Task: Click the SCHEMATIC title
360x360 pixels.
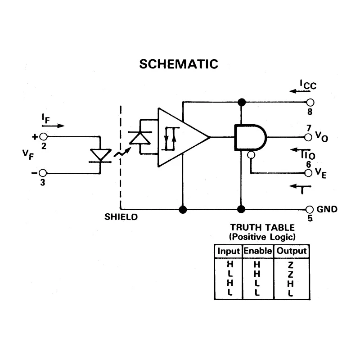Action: click(179, 64)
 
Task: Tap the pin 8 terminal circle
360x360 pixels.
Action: click(310, 103)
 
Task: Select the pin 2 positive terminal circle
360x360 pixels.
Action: click(43, 137)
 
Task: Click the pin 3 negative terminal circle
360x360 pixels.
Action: click(43, 173)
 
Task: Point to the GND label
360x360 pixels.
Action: click(327, 209)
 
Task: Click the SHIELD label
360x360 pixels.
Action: click(121, 217)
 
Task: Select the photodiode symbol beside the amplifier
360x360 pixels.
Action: click(140, 138)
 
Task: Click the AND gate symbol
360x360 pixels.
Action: click(250, 137)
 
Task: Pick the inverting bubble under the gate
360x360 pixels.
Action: click(251, 155)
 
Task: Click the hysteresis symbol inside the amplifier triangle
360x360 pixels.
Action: click(170, 139)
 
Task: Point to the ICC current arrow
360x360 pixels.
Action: click(300, 91)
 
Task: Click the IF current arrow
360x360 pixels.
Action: click(53, 126)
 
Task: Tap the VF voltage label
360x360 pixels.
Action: click(28, 154)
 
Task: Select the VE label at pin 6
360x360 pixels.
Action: click(321, 173)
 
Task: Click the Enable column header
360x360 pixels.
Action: click(257, 251)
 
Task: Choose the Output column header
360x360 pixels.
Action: click(291, 251)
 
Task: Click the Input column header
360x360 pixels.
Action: click(229, 252)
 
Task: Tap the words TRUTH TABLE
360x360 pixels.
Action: click(262, 228)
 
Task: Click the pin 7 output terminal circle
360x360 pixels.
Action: click(308, 137)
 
